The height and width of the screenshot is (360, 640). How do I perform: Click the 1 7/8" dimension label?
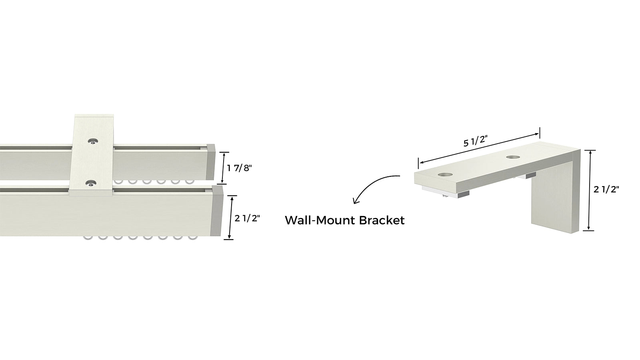239,168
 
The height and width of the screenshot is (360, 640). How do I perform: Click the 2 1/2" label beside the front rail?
247,218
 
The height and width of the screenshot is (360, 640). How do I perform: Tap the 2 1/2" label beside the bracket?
606,190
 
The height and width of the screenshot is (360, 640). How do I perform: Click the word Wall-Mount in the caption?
315,220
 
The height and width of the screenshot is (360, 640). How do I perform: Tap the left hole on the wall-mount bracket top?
444,175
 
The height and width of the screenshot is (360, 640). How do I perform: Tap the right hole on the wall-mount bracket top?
512,157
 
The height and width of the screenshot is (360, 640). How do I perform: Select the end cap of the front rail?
218,212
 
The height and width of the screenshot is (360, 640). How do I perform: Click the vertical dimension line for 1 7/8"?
224,168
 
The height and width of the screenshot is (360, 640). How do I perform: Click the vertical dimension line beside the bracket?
590,190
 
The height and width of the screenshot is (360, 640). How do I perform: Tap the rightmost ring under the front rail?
193,239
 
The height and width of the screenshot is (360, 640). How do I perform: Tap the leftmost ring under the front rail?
87,239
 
